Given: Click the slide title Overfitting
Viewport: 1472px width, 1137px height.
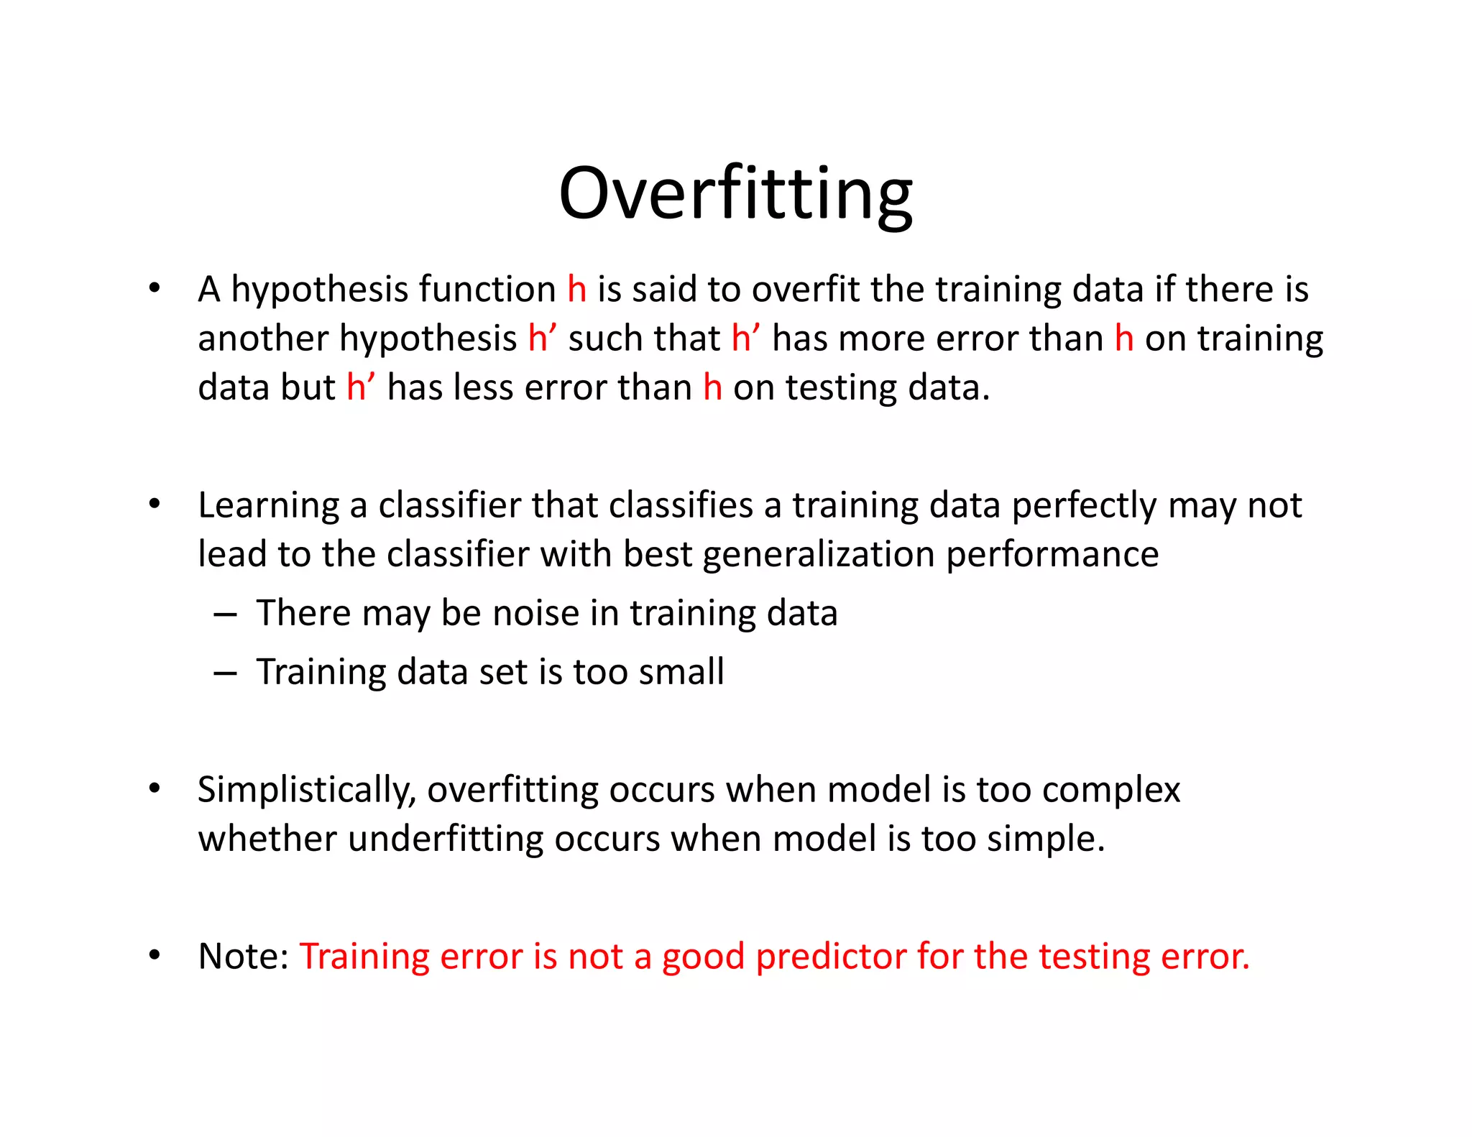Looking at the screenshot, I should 735,194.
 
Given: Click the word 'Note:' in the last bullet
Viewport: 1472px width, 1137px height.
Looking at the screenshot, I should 243,957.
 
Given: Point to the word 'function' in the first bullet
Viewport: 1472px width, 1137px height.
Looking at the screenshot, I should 487,290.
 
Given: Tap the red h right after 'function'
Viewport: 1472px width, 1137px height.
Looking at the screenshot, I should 576,290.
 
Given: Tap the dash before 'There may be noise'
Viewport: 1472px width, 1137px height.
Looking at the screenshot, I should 225,615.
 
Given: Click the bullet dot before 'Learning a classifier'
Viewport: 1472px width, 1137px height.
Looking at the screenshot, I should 155,504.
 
